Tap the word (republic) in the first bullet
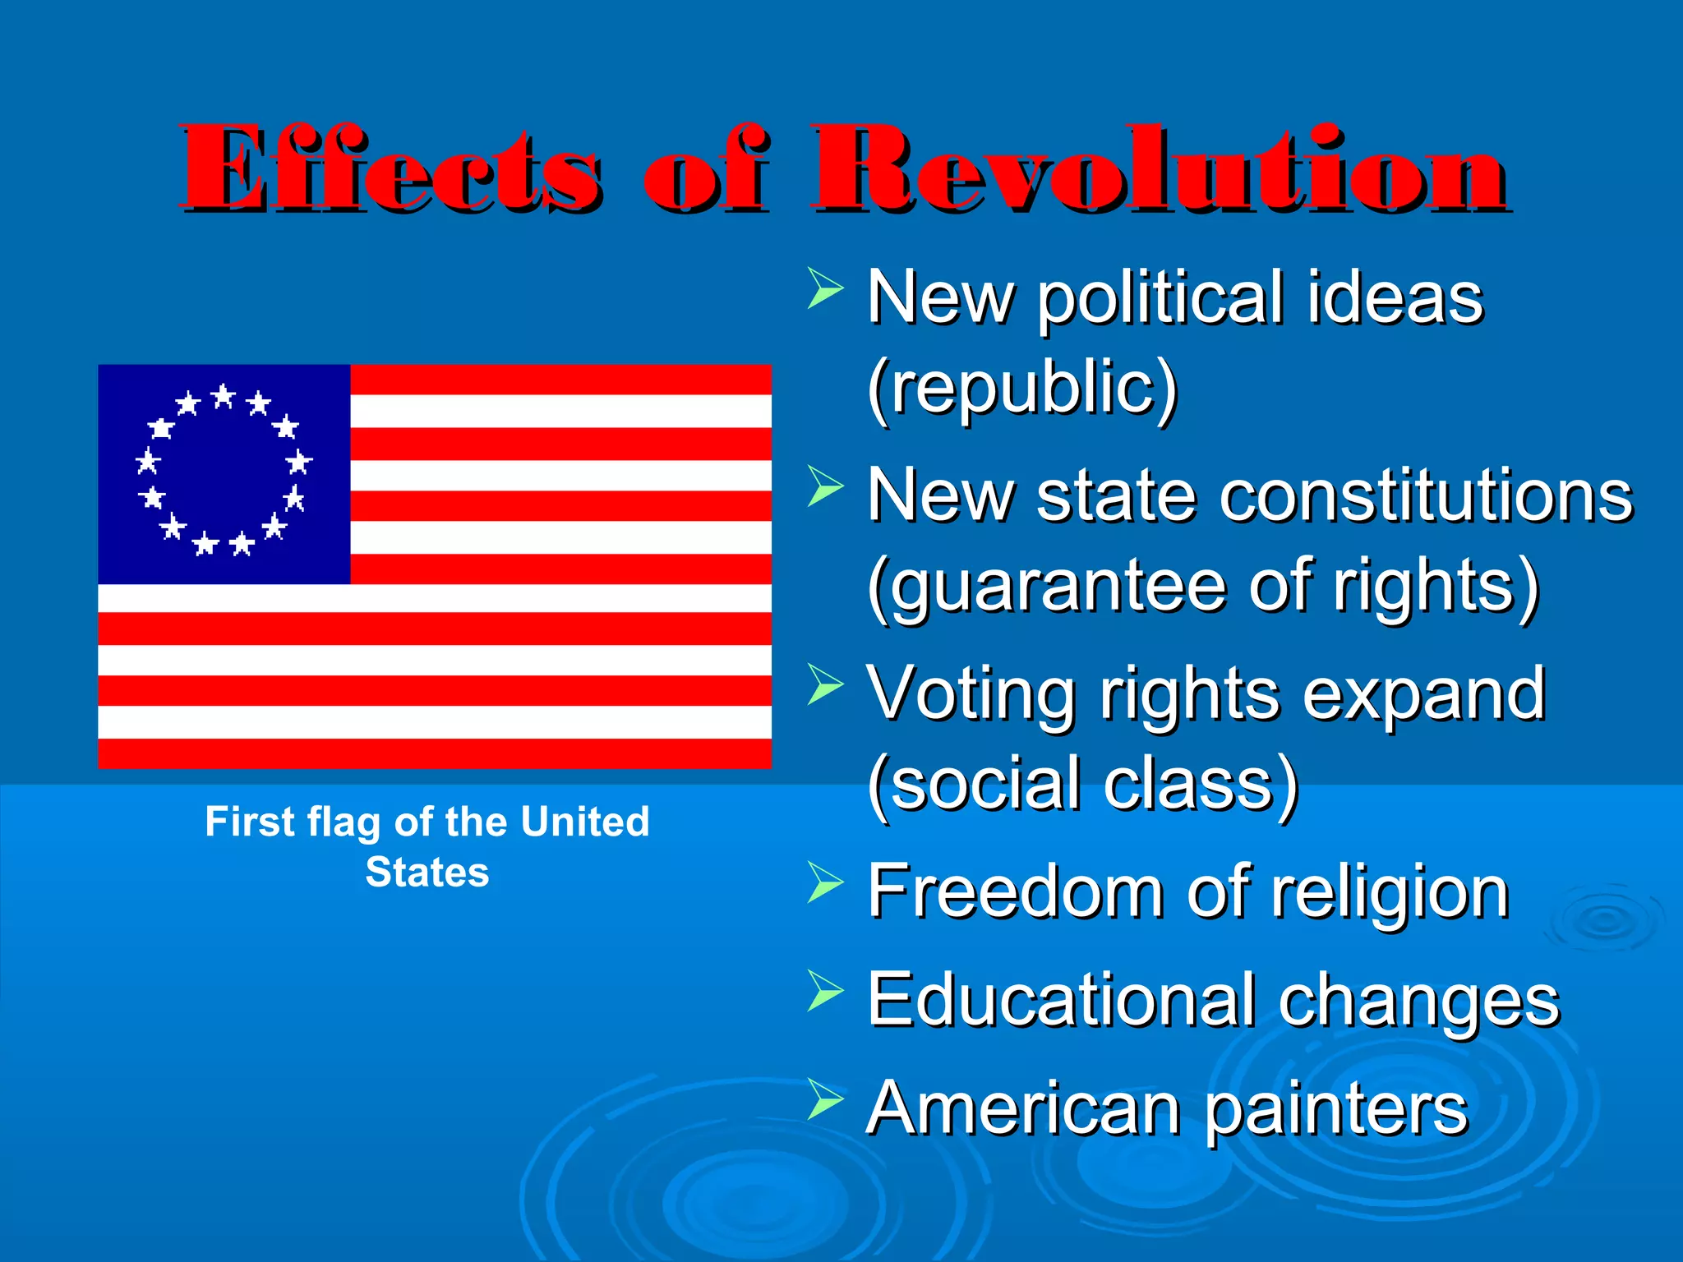tap(1022, 388)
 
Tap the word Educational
tap(1060, 1000)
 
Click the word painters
tap(1335, 1109)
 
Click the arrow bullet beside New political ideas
tap(824, 288)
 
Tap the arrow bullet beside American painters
tap(824, 1099)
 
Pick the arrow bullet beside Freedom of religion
tap(824, 882)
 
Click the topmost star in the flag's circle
tap(224, 397)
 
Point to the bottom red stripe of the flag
tap(434, 753)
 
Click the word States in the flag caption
tap(427, 873)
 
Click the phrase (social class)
tap(1082, 785)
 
